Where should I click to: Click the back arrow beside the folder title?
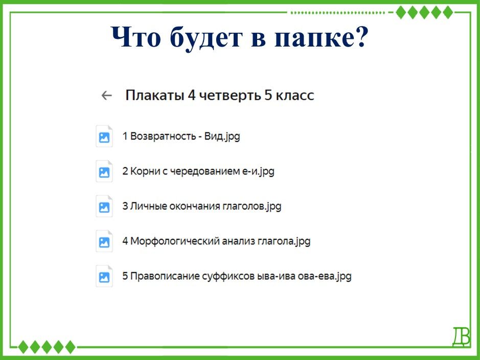(x=106, y=96)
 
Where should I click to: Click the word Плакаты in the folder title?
(x=155, y=95)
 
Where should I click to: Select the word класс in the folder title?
(x=295, y=96)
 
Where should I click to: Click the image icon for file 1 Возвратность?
(x=104, y=136)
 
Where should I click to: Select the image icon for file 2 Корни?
(x=104, y=171)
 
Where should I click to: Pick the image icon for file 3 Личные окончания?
(x=104, y=206)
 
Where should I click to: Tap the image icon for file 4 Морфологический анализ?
(x=104, y=241)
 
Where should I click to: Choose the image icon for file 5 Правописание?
(x=104, y=276)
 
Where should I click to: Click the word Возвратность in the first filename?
(x=163, y=136)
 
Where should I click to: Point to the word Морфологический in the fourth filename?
(x=174, y=241)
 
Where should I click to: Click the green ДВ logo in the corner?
(x=461, y=337)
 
